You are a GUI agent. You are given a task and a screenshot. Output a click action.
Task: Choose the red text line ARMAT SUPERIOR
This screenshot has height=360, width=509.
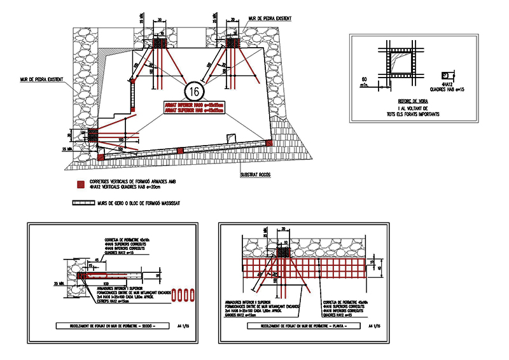click(x=192, y=110)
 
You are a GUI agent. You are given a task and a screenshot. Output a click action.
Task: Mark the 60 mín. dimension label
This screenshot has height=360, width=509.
click(x=365, y=81)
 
